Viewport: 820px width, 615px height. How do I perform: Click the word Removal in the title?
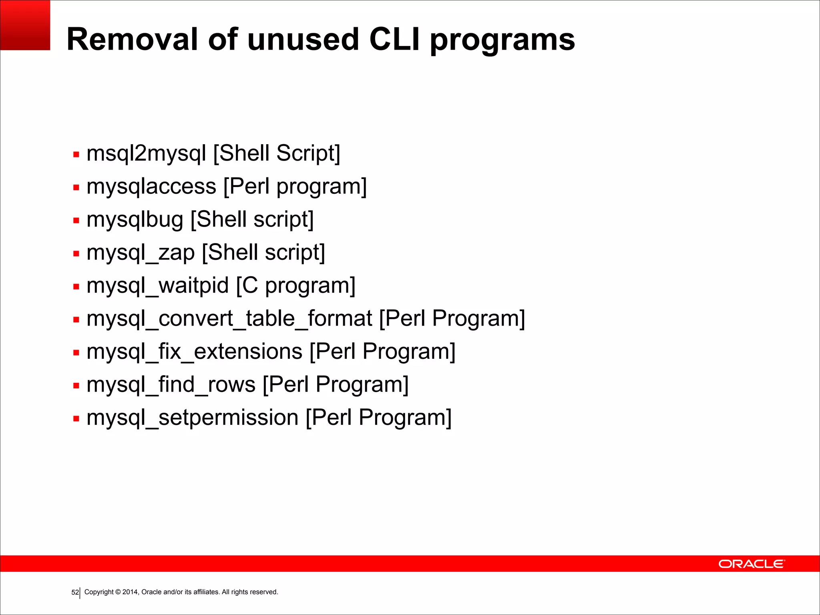coord(133,39)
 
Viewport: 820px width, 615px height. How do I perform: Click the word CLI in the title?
coord(394,39)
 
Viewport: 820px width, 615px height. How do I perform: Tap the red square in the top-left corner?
coord(25,25)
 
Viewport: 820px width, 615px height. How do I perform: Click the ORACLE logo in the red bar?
coord(752,564)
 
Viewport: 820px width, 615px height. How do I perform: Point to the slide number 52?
coord(75,592)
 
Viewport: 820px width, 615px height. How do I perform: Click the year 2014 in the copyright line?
coord(130,592)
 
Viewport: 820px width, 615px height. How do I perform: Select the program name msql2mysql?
coord(147,154)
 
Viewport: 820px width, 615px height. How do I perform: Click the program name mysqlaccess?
coord(151,187)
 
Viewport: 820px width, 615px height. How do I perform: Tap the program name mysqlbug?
coord(135,220)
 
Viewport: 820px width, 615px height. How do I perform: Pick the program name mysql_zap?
coord(141,253)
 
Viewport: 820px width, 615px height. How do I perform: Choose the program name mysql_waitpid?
coord(158,286)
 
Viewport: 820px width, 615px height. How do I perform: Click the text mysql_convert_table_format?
coord(229,319)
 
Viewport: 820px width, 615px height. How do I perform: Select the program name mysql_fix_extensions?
coord(194,352)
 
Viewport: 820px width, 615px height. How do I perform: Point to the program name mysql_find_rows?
coord(171,385)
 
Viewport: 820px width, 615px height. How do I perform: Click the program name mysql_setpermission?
coord(193,418)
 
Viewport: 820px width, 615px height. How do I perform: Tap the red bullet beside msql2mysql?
coord(76,155)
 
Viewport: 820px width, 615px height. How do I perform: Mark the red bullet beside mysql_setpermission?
coord(76,419)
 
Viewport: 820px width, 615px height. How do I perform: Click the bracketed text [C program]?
coord(295,286)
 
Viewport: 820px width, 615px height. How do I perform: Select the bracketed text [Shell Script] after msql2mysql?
coord(277,153)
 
